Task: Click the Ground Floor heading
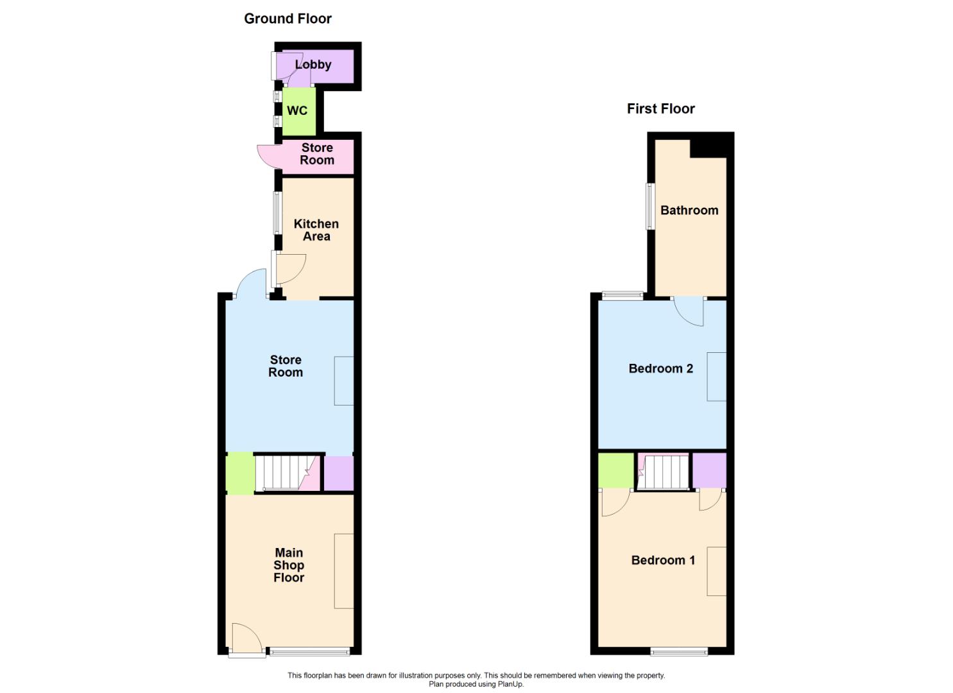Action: [288, 19]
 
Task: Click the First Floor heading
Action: [660, 108]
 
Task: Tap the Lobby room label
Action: [313, 64]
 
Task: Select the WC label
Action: [297, 110]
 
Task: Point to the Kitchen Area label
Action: [316, 230]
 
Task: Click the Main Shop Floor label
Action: [289, 565]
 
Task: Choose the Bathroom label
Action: [689, 210]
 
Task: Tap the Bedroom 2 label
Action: [660, 368]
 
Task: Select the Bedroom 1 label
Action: [663, 560]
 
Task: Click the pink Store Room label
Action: [317, 154]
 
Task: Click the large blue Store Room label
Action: [286, 366]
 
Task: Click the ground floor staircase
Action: [282, 472]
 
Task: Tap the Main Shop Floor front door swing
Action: [246, 639]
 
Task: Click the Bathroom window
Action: [649, 206]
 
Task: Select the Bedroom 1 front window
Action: [679, 652]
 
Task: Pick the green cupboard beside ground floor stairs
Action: [240, 474]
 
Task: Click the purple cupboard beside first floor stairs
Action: [709, 470]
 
